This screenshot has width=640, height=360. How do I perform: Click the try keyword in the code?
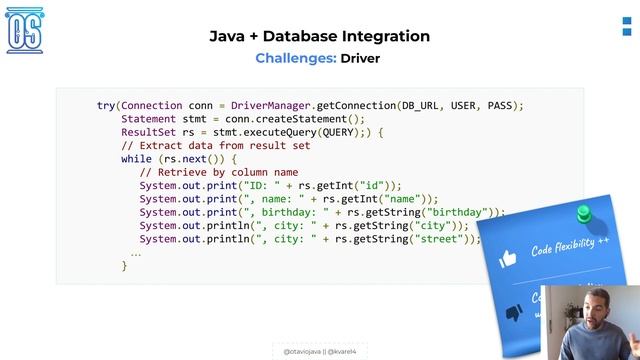pyautogui.click(x=106, y=105)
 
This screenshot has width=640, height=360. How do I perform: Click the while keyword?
pyautogui.click(x=137, y=158)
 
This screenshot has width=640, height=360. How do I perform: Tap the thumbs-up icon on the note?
pyautogui.click(x=507, y=258)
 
